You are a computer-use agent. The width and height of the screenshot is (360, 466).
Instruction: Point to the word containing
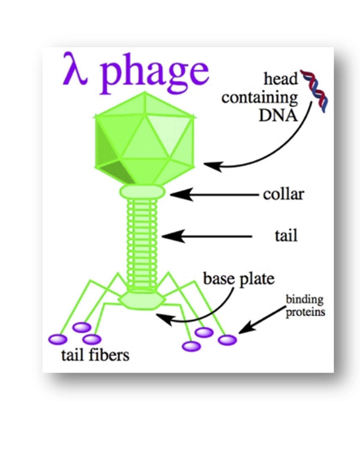259,98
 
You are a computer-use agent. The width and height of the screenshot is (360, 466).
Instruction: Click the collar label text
283,194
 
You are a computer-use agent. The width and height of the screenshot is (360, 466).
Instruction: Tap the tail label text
286,236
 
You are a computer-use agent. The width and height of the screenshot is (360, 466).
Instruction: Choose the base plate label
239,279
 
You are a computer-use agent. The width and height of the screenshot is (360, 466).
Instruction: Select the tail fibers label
95,355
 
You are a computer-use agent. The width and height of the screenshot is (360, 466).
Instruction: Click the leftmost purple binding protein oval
58,339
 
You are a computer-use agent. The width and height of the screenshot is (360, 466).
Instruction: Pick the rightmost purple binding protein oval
227,340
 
